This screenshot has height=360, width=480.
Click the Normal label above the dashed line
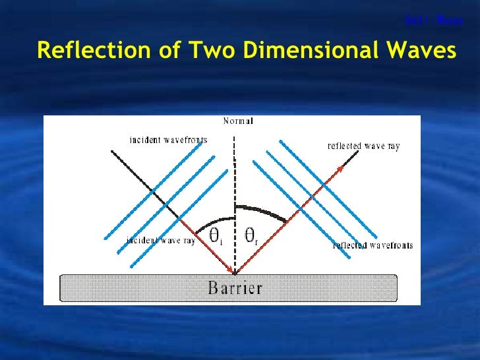pos(238,121)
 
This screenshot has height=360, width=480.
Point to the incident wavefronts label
pos(168,140)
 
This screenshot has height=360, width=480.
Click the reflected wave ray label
pos(363,146)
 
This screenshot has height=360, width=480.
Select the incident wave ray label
pos(161,241)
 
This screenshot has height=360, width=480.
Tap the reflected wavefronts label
pos(373,245)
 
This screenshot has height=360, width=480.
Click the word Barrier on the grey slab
pos(235,287)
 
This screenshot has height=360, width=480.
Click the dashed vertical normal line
pos(234,178)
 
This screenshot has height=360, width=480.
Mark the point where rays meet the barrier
pos(235,273)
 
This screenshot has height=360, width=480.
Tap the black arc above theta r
pos(264,209)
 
